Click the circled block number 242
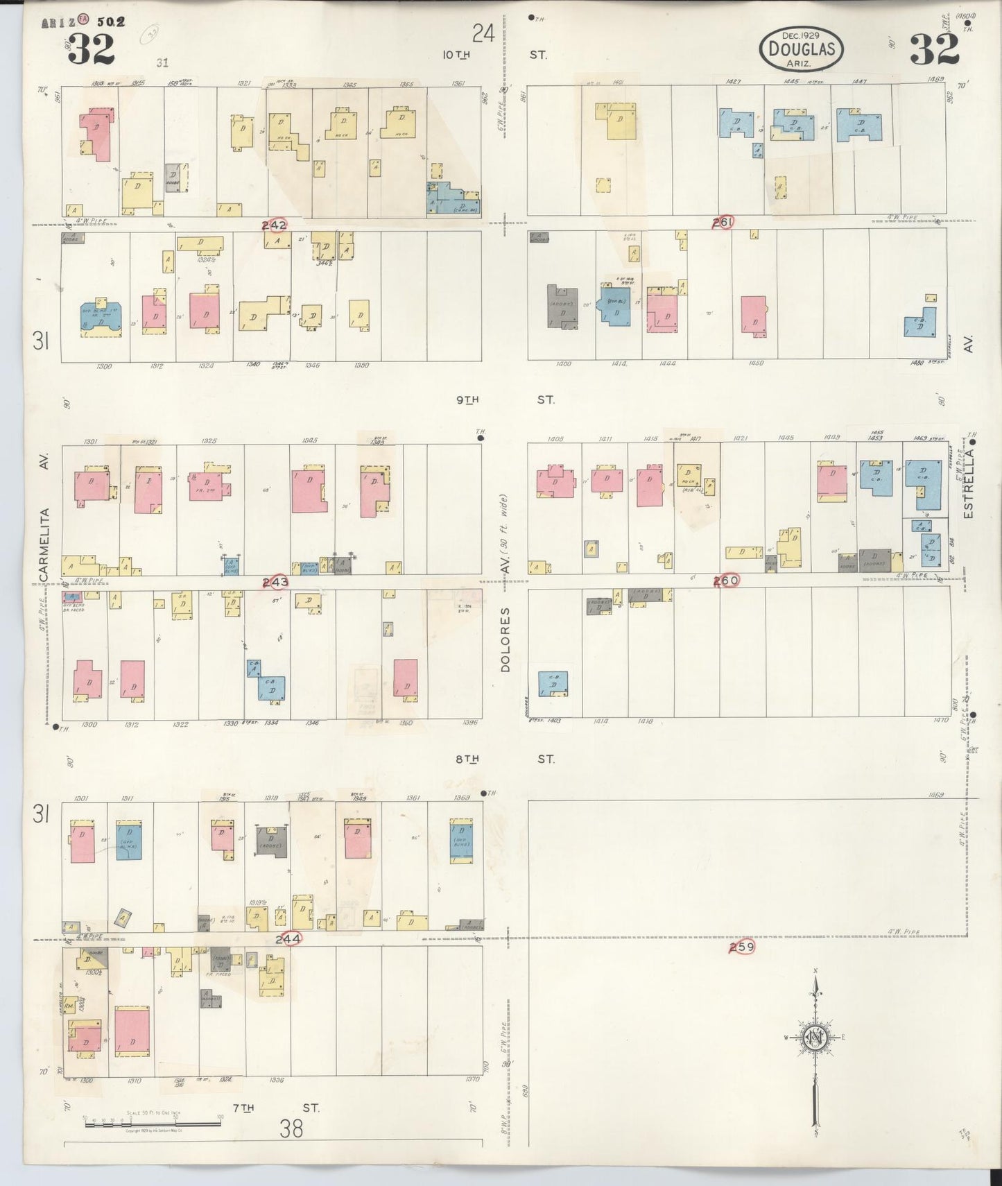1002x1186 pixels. [274, 225]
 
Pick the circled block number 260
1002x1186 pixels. [727, 580]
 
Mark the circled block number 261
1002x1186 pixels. [723, 223]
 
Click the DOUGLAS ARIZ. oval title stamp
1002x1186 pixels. [802, 49]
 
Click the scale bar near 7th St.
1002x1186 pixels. [152, 1122]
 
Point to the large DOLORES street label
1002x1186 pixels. [506, 639]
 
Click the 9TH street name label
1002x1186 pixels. [467, 400]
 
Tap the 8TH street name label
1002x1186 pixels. [467, 759]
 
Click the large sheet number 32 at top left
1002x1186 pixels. [91, 48]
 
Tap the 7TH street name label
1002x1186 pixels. [243, 1108]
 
